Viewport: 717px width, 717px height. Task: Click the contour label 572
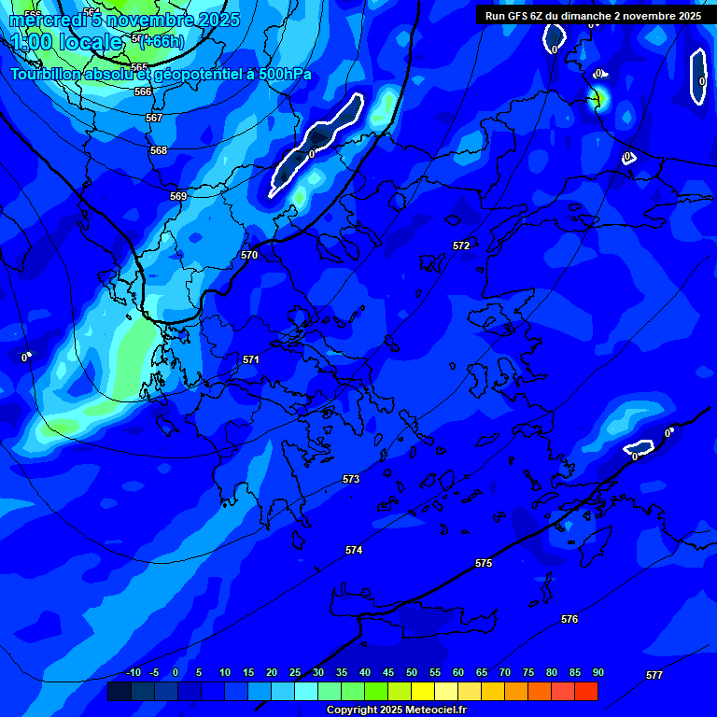click(x=461, y=246)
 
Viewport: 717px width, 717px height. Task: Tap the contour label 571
click(x=251, y=359)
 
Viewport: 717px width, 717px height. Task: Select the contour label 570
click(x=249, y=255)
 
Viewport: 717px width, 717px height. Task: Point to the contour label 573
click(x=351, y=479)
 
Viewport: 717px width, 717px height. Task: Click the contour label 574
click(x=354, y=551)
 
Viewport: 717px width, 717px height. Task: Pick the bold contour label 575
click(x=484, y=563)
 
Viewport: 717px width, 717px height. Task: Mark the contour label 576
click(x=569, y=619)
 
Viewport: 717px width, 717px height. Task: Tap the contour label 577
click(x=654, y=675)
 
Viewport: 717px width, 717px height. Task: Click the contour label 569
click(x=178, y=196)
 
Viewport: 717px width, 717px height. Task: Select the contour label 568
click(x=159, y=150)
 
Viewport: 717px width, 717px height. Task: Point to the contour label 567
click(x=154, y=119)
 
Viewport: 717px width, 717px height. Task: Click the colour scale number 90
click(x=597, y=672)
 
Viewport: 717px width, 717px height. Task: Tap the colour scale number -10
click(x=134, y=672)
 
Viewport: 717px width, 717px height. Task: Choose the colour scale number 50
click(x=412, y=672)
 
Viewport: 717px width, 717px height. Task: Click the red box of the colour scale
click(x=586, y=691)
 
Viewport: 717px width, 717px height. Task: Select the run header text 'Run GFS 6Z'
click(x=512, y=16)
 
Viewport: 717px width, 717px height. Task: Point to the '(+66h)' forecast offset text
click(x=162, y=42)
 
